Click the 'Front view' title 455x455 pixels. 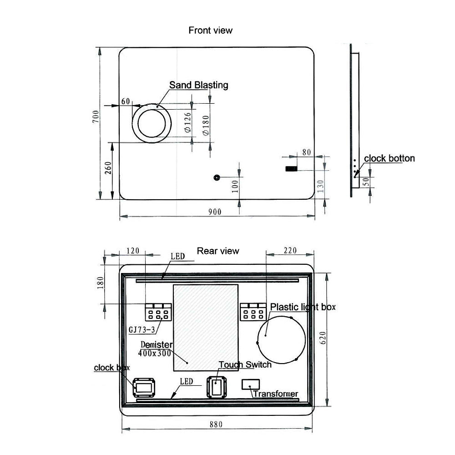point(210,30)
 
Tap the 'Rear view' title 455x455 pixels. point(218,251)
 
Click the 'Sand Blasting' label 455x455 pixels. point(199,85)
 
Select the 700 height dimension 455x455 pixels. point(96,116)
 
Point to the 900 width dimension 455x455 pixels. point(215,212)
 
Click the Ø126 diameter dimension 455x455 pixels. point(188,122)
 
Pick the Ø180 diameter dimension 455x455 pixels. point(206,126)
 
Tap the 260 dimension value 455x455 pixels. point(108,168)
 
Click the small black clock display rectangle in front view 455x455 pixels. point(291,169)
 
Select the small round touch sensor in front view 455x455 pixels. point(217,177)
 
